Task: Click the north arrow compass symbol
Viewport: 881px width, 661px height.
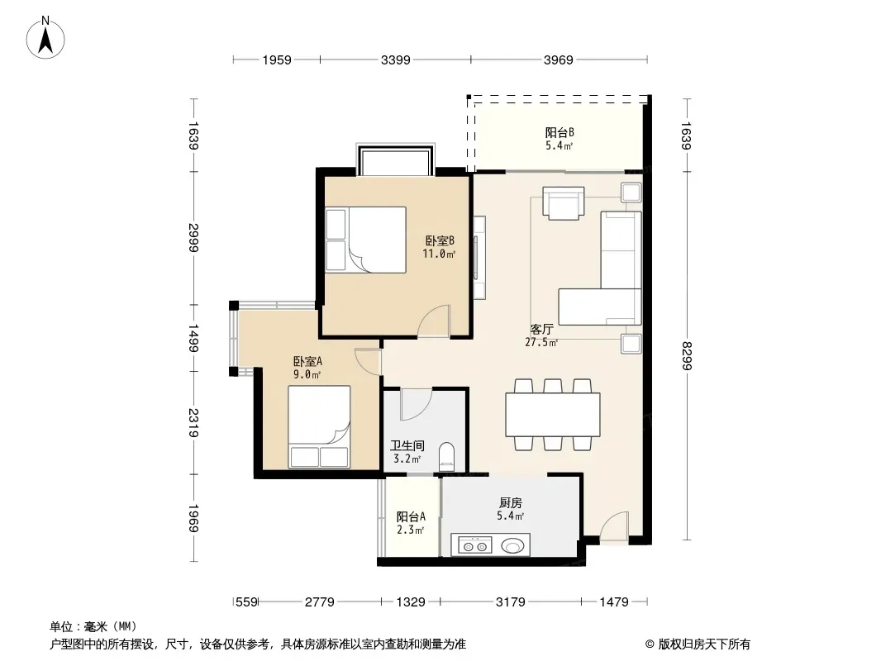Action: click(45, 38)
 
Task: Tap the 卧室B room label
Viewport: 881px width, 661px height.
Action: click(440, 241)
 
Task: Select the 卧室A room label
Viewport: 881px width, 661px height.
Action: click(307, 362)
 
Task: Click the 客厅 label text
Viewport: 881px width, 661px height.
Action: click(541, 329)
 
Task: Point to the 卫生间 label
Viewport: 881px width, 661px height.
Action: click(407, 446)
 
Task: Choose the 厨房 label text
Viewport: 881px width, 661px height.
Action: click(510, 503)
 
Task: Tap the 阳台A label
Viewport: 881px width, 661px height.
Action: click(411, 516)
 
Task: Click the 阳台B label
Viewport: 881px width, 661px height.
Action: click(560, 132)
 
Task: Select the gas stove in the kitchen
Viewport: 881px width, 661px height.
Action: click(474, 545)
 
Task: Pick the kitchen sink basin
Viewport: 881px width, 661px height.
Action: click(512, 545)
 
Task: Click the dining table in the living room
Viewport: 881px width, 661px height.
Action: click(553, 415)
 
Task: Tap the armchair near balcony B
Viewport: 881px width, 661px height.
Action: click(563, 202)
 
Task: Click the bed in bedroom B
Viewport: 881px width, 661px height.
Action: click(366, 240)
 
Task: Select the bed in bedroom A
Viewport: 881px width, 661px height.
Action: click(319, 426)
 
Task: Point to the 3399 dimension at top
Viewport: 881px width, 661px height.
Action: click(396, 59)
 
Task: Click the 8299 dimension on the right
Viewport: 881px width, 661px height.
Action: click(686, 356)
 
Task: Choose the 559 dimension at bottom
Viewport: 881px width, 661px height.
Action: click(246, 602)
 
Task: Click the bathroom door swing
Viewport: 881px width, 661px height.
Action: click(416, 404)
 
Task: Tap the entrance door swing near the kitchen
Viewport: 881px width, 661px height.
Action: click(614, 527)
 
